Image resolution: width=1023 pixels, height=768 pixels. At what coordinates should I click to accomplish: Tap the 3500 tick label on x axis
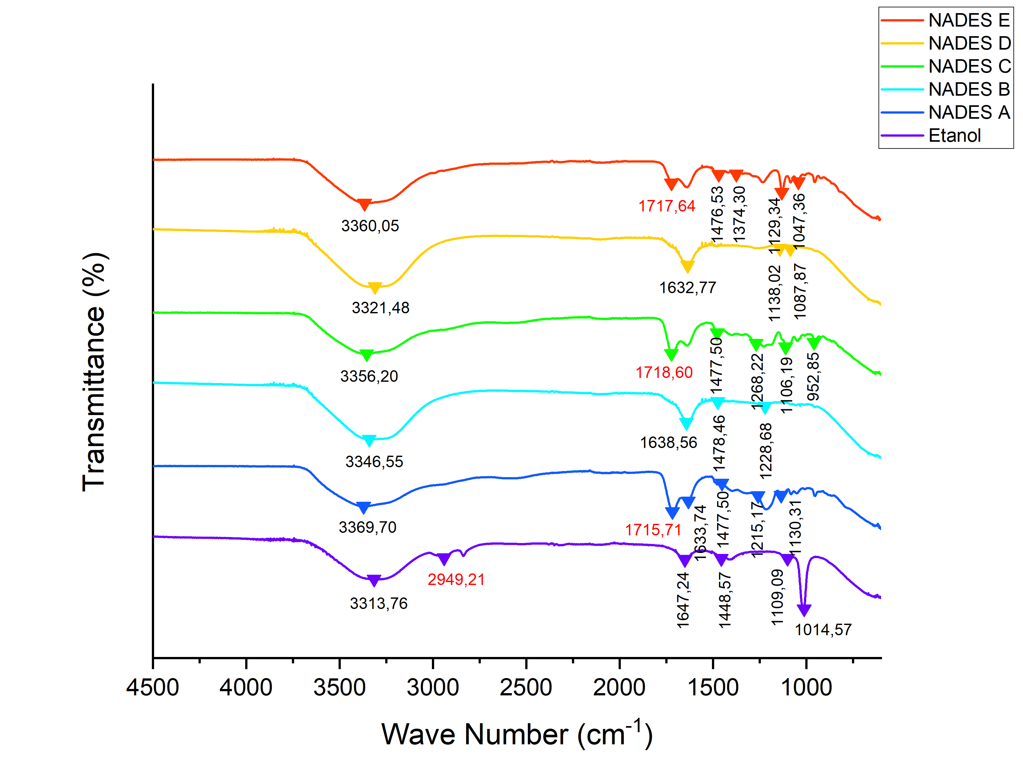tap(340, 687)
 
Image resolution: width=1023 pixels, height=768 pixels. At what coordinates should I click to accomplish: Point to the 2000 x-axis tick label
tap(619, 687)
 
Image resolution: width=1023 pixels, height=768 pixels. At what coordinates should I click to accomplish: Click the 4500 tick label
tap(152, 687)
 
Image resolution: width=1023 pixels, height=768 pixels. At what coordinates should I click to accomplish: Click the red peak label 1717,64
tap(667, 206)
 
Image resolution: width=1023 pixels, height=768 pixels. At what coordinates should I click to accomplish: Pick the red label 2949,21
tap(456, 580)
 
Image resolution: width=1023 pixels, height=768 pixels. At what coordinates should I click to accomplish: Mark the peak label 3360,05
tap(370, 226)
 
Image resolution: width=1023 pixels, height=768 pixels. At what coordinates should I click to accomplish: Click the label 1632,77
tap(687, 288)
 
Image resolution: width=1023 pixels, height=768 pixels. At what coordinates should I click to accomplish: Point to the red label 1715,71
tap(653, 530)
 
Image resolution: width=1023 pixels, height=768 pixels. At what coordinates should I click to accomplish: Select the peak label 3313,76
tap(378, 604)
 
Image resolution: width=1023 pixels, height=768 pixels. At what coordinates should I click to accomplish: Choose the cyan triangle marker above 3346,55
tap(369, 440)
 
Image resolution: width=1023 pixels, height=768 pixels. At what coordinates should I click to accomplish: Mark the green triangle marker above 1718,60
tap(671, 355)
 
